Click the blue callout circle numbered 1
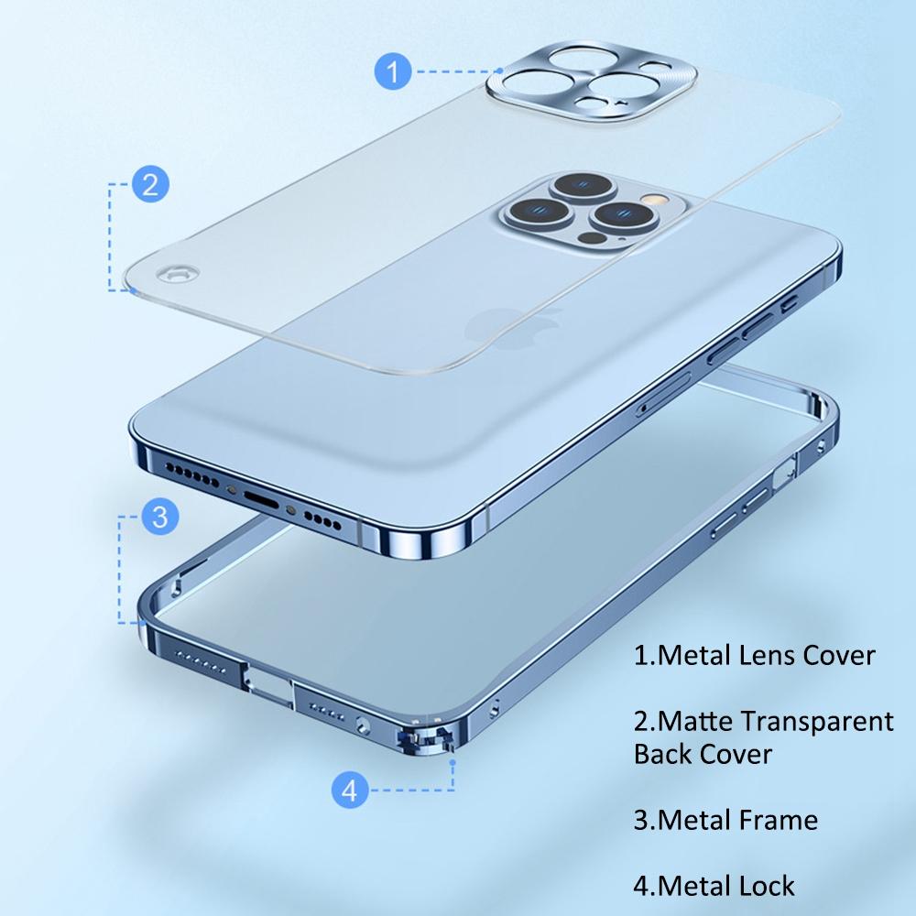(394, 71)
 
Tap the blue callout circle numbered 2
(150, 184)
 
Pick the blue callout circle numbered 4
(349, 789)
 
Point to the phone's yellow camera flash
(652, 197)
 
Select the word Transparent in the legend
(817, 721)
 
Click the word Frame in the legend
(776, 818)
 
